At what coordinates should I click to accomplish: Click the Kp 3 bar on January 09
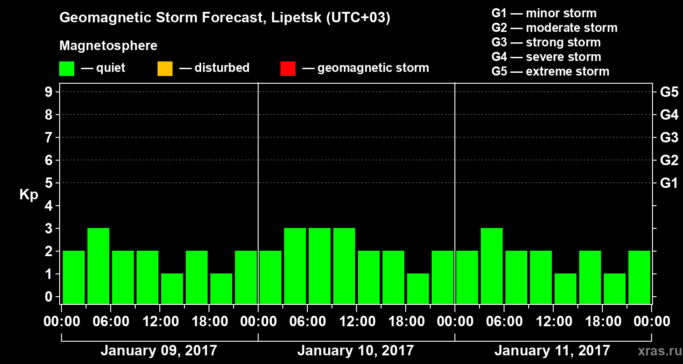(x=98, y=266)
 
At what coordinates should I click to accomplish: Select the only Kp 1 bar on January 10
(x=418, y=288)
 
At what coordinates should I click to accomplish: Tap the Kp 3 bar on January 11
(x=492, y=266)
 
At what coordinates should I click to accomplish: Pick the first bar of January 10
(x=270, y=277)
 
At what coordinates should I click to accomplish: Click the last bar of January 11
(x=639, y=277)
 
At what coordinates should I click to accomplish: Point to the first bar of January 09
(x=74, y=277)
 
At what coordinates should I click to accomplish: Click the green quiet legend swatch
(x=67, y=69)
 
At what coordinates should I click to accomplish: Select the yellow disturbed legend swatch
(x=165, y=69)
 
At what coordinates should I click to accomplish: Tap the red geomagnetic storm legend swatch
(x=288, y=69)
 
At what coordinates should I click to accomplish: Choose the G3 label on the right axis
(x=669, y=137)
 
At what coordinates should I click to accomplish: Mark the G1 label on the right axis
(x=669, y=183)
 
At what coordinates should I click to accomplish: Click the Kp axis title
(x=29, y=195)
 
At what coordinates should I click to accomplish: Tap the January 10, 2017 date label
(x=356, y=351)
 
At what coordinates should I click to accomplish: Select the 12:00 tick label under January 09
(x=160, y=322)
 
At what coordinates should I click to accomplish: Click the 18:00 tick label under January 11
(x=602, y=322)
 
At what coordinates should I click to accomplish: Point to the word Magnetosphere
(x=108, y=46)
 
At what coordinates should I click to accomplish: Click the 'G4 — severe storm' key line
(x=546, y=57)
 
